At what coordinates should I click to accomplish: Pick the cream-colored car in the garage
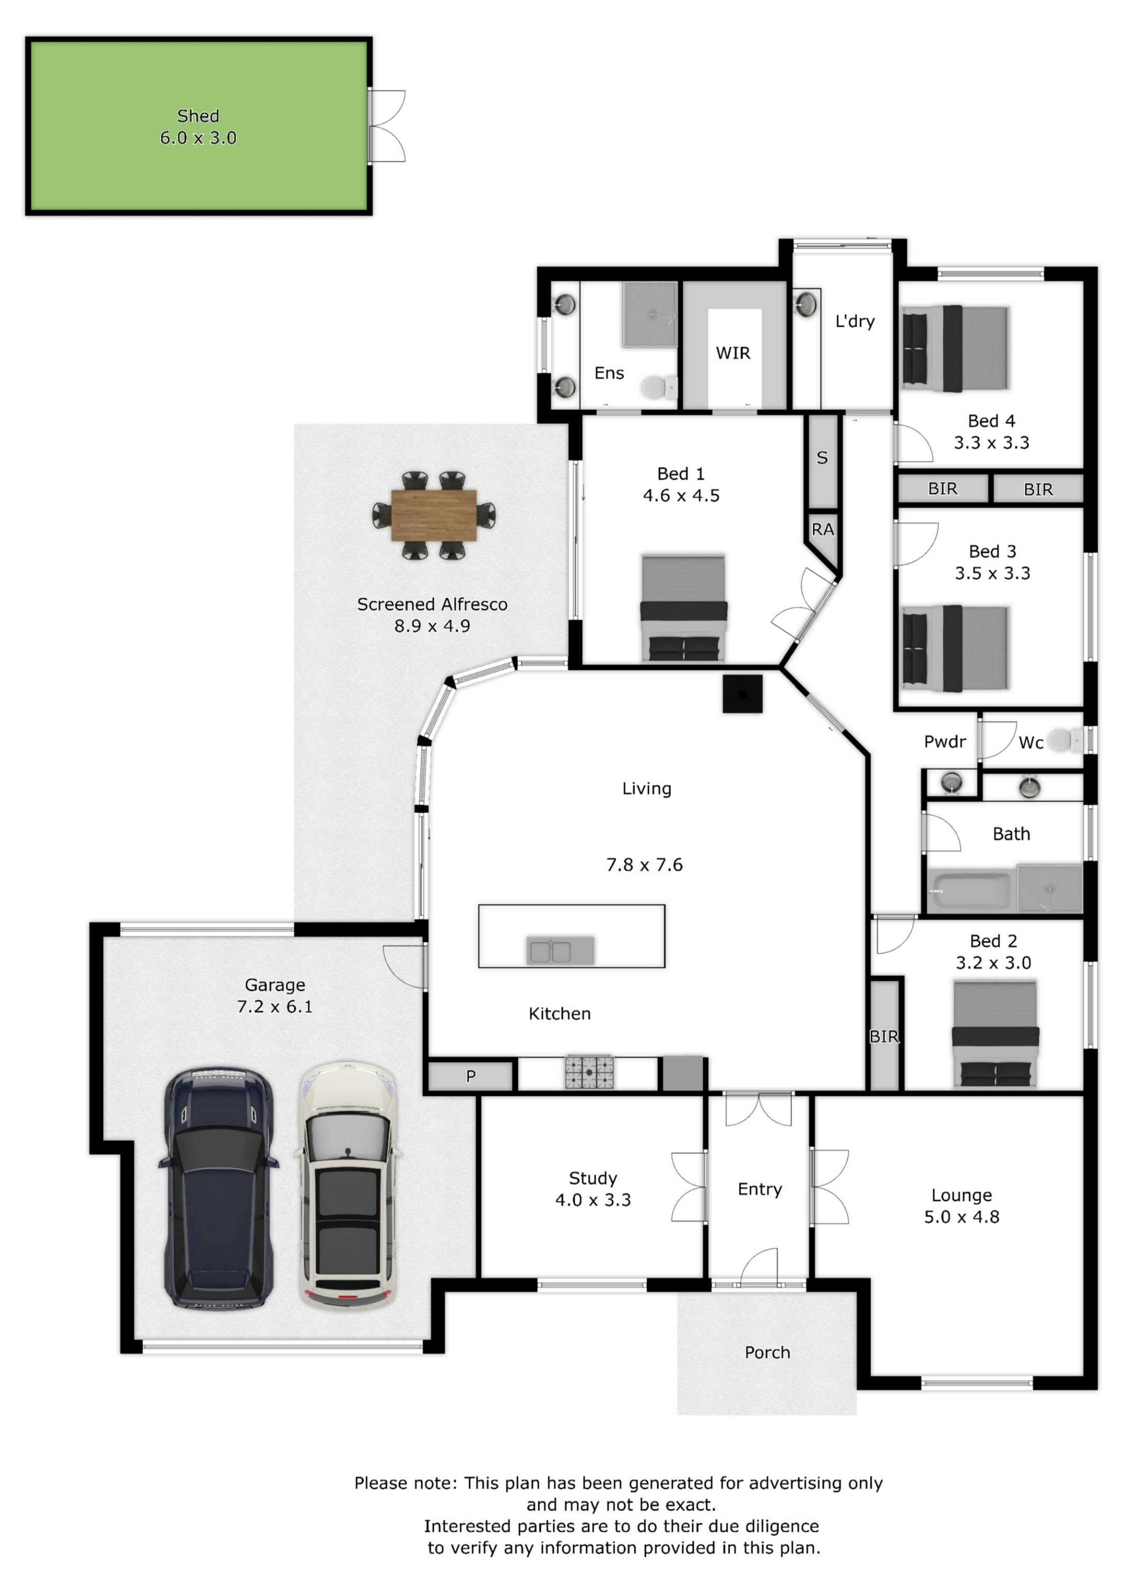point(348,1184)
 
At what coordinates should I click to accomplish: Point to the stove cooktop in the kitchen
point(589,1072)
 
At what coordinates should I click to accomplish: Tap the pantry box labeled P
point(471,1076)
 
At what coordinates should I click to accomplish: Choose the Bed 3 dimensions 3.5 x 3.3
point(992,573)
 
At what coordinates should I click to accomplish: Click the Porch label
point(767,1352)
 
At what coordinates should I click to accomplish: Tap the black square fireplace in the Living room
point(742,694)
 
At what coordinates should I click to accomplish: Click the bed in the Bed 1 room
point(684,607)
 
